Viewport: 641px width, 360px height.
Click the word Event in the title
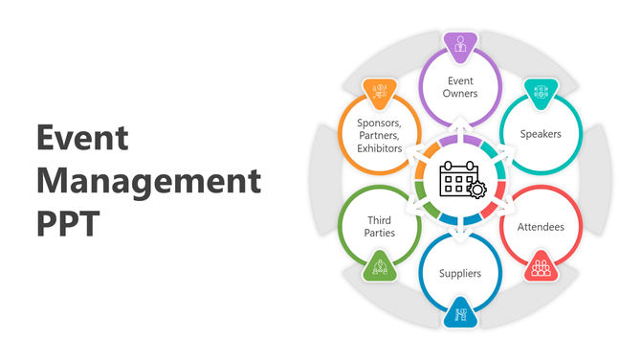(82, 138)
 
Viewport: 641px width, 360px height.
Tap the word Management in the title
(148, 180)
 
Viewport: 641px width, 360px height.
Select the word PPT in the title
(69, 222)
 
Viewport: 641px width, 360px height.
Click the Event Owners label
(461, 88)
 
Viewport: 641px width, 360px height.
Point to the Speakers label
(541, 134)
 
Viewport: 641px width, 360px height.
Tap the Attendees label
(541, 227)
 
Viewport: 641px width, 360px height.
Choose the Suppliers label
(460, 273)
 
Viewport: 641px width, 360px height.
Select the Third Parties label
(380, 227)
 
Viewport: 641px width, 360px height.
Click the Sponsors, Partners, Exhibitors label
(379, 136)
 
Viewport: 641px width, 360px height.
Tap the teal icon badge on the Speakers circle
(542, 94)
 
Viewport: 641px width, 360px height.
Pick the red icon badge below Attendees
(542, 265)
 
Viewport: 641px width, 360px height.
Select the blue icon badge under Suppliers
(461, 312)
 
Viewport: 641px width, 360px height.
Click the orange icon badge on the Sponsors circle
(380, 94)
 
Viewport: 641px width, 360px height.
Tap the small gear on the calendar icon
(475, 190)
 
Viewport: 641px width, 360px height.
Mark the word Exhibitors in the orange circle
(379, 149)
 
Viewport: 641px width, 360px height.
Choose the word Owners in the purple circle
(461, 95)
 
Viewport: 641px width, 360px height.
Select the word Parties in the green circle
(380, 234)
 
